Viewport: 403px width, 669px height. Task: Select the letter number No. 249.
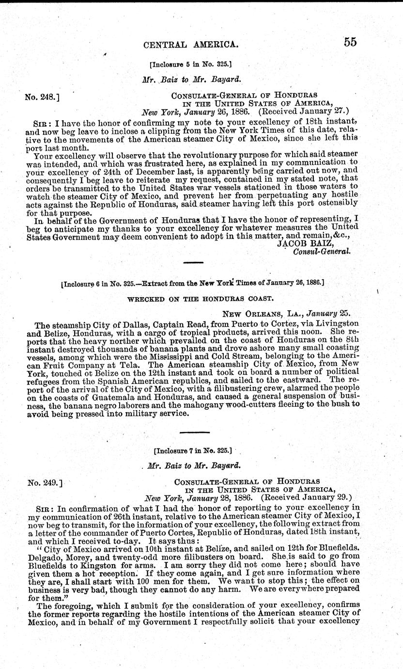click(x=44, y=482)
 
